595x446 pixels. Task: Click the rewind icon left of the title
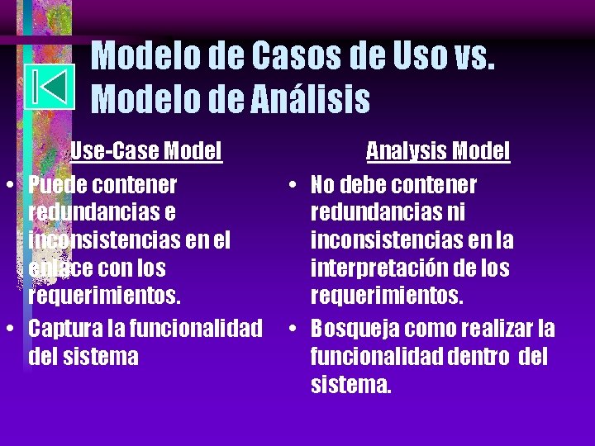tap(50, 87)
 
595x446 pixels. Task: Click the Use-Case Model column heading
tap(145, 151)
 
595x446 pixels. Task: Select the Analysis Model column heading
tap(438, 151)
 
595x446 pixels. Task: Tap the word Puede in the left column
tap(57, 184)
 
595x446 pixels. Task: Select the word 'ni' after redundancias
tap(456, 212)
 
